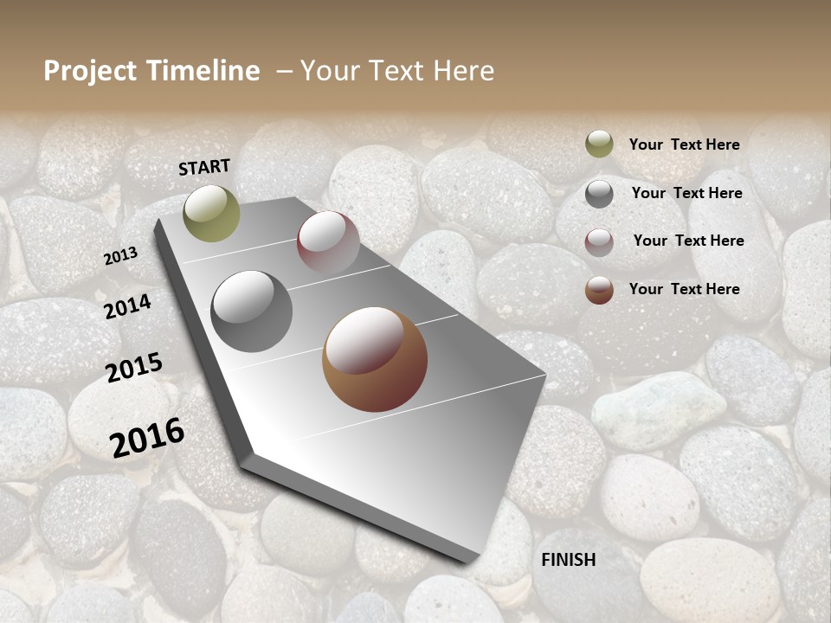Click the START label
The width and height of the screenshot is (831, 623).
204,166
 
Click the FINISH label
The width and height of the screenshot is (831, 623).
569,560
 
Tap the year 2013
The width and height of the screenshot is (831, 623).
120,256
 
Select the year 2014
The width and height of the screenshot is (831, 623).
127,306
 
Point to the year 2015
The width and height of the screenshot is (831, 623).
134,368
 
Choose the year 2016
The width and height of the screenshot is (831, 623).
147,438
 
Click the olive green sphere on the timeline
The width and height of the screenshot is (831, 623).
212,214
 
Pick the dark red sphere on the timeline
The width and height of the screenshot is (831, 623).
328,242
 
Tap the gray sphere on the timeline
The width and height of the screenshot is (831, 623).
252,311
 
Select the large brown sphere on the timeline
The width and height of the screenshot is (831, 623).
375,359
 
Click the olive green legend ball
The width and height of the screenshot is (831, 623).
599,144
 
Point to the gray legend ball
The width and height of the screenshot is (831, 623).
599,194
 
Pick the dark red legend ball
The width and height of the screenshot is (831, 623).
599,242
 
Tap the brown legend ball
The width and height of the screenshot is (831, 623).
599,290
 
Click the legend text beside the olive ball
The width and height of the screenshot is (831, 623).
684,145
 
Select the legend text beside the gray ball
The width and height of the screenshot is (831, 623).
686,193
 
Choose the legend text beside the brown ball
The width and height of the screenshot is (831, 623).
684,289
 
